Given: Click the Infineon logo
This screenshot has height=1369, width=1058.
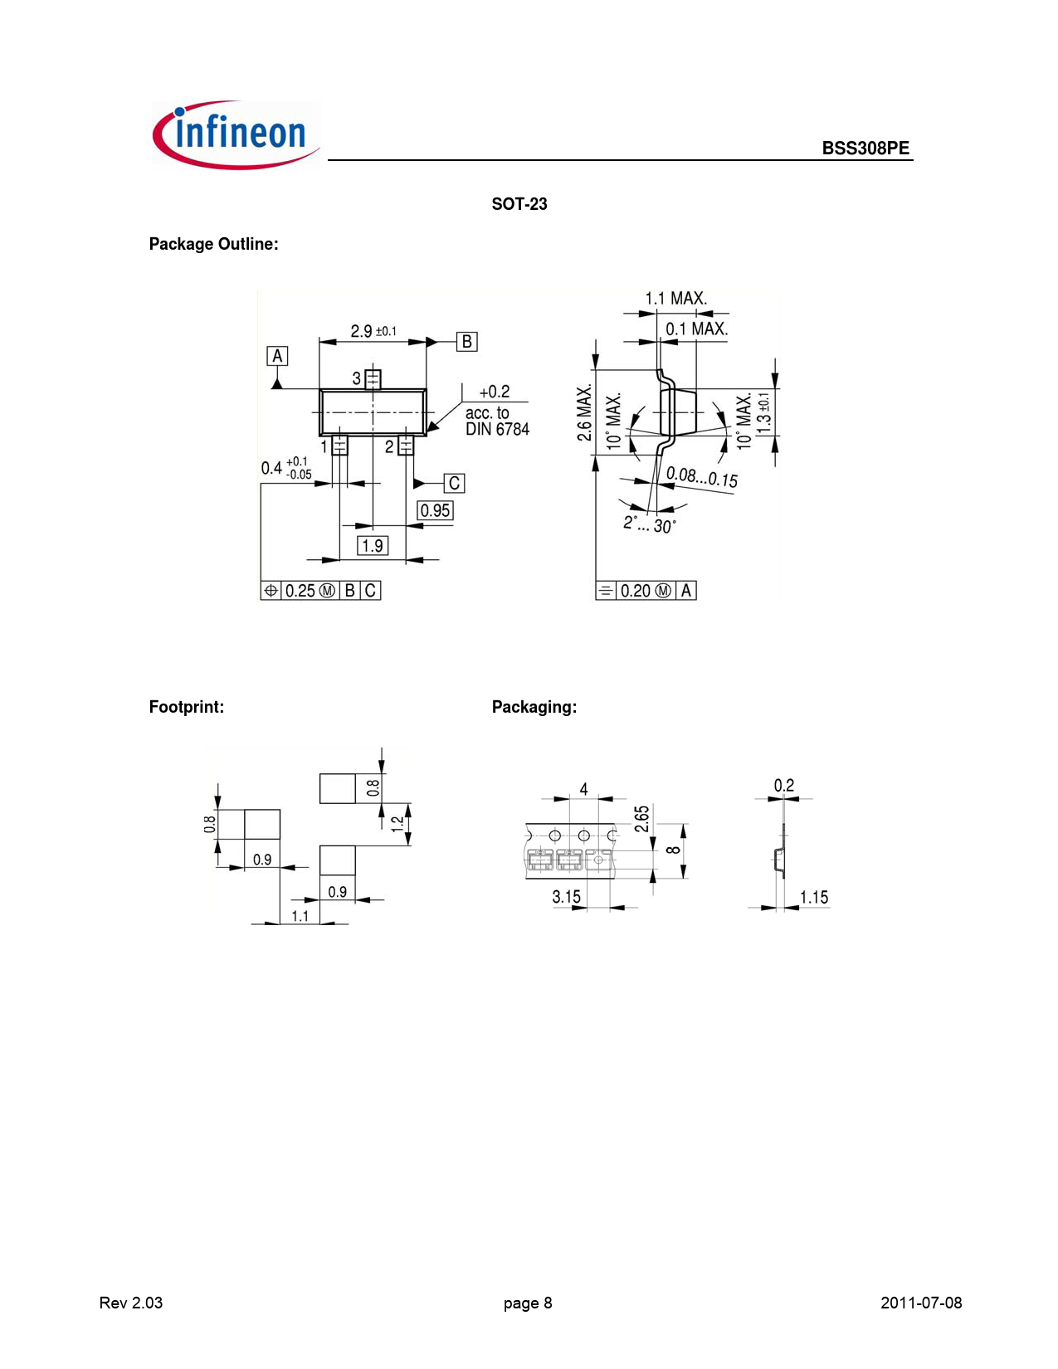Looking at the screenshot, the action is (x=236, y=134).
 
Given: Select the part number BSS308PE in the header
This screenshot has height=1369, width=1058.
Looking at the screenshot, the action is (x=865, y=148).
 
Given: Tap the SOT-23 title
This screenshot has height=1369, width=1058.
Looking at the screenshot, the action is (x=519, y=204).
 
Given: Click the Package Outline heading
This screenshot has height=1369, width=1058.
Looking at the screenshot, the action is (x=213, y=244).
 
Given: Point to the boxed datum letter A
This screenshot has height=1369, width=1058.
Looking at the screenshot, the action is (x=277, y=356).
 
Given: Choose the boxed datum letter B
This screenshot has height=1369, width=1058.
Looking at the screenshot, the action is (x=467, y=342).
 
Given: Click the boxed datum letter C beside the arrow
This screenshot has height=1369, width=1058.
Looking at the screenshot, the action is (x=455, y=483).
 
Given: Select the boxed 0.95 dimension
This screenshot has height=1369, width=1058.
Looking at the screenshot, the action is (x=435, y=510).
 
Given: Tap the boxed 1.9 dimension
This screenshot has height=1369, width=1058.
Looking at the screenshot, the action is (x=373, y=546).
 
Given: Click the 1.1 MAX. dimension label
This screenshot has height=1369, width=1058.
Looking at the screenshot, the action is (x=675, y=298).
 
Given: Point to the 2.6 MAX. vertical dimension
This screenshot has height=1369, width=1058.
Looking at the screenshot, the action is (x=584, y=412).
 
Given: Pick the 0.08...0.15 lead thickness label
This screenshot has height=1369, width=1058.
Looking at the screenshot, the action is (x=701, y=477).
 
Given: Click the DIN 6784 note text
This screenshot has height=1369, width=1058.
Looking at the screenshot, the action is (x=497, y=429).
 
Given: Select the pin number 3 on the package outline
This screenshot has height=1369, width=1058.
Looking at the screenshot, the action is (x=356, y=378).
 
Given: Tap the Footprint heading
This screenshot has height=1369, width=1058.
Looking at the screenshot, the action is (x=187, y=707).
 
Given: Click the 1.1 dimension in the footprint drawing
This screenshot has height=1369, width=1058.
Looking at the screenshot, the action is (x=300, y=916).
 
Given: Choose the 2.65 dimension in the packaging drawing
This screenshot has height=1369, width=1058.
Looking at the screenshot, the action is (x=641, y=818).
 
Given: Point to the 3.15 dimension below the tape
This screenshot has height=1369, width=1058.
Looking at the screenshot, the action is (x=566, y=897).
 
